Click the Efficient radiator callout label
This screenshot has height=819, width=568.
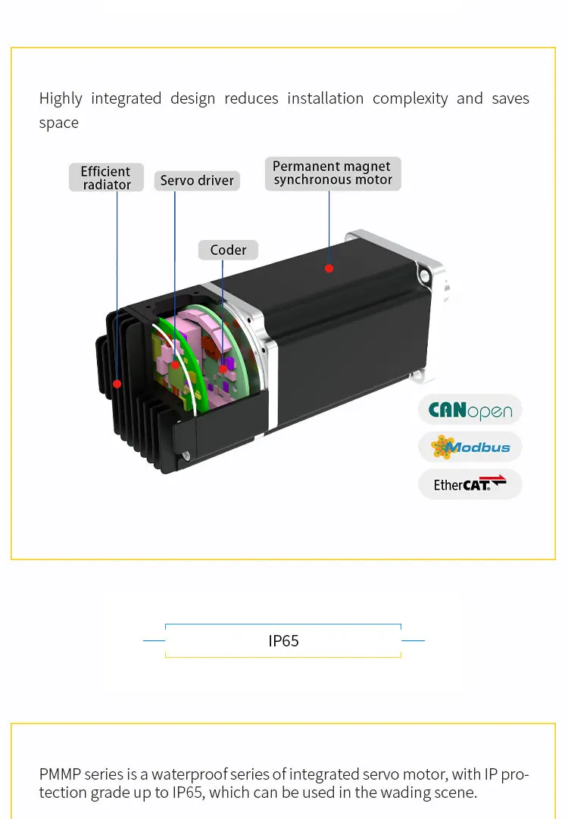106,178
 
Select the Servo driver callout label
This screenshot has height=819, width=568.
198,181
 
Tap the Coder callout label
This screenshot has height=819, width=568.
228,250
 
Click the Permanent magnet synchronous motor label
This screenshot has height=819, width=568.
332,173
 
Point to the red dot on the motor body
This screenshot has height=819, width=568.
329,268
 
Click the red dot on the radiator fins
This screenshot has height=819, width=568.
117,384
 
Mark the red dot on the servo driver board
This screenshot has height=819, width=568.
175,364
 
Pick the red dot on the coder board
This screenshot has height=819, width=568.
223,369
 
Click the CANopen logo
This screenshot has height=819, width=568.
470,410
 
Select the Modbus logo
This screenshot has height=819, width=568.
470,447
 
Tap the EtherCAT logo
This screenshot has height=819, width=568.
470,484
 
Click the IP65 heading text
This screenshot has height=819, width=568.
283,641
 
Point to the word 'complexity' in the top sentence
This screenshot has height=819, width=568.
410,98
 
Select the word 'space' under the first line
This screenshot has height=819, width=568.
58,123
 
